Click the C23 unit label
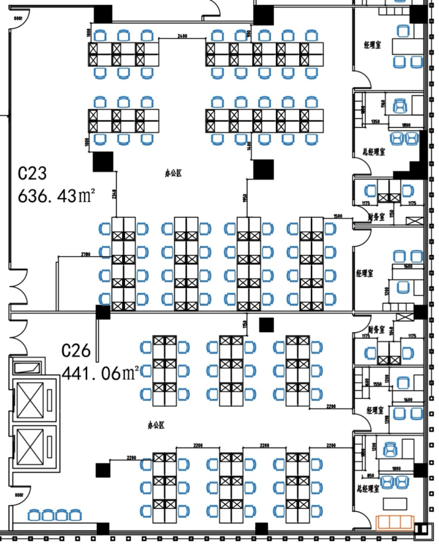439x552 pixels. tap(33, 174)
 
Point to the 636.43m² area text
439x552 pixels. tap(57, 195)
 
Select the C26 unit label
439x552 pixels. tap(77, 352)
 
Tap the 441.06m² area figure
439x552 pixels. tap(101, 373)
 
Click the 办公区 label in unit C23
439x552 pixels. tap(173, 174)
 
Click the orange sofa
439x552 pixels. tap(395, 522)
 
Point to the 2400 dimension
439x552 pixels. tap(182, 37)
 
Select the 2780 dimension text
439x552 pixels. tap(86, 254)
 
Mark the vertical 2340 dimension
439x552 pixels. tap(113, 194)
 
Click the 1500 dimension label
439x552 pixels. tap(338, 216)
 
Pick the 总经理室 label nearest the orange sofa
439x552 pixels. tap(368, 489)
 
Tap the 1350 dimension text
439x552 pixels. tap(376, 122)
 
